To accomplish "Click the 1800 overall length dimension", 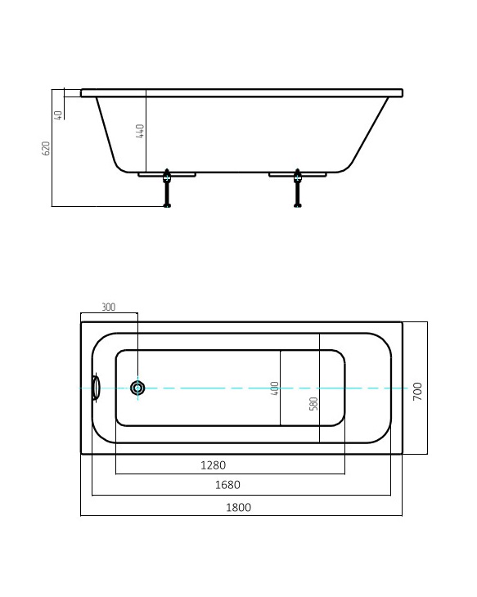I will (238, 507).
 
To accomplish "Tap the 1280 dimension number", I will (213, 465).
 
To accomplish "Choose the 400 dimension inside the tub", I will (275, 388).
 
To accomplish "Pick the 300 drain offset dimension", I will (108, 307).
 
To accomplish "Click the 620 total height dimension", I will (47, 148).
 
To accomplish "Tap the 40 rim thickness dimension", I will (58, 114).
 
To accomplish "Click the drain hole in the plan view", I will (137, 388).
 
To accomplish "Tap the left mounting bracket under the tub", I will (167, 174).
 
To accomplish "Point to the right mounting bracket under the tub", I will (297, 174).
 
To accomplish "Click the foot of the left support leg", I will (168, 204).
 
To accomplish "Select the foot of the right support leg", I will (297, 204).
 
